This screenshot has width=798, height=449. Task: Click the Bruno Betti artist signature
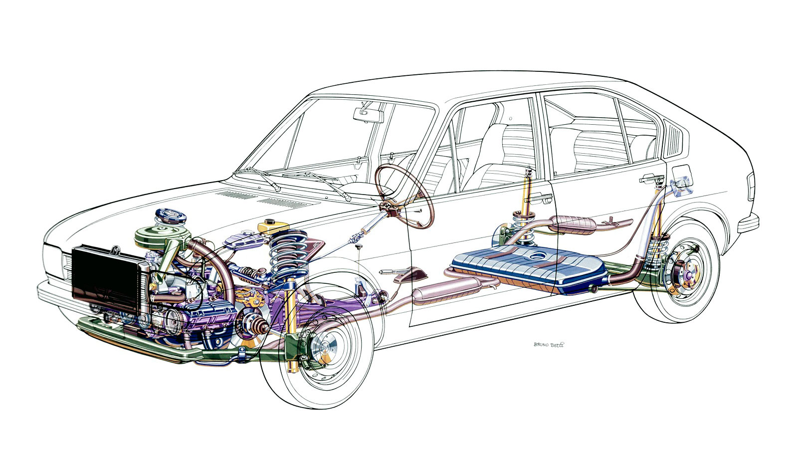[550, 344]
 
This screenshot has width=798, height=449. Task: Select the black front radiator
[105, 277]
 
